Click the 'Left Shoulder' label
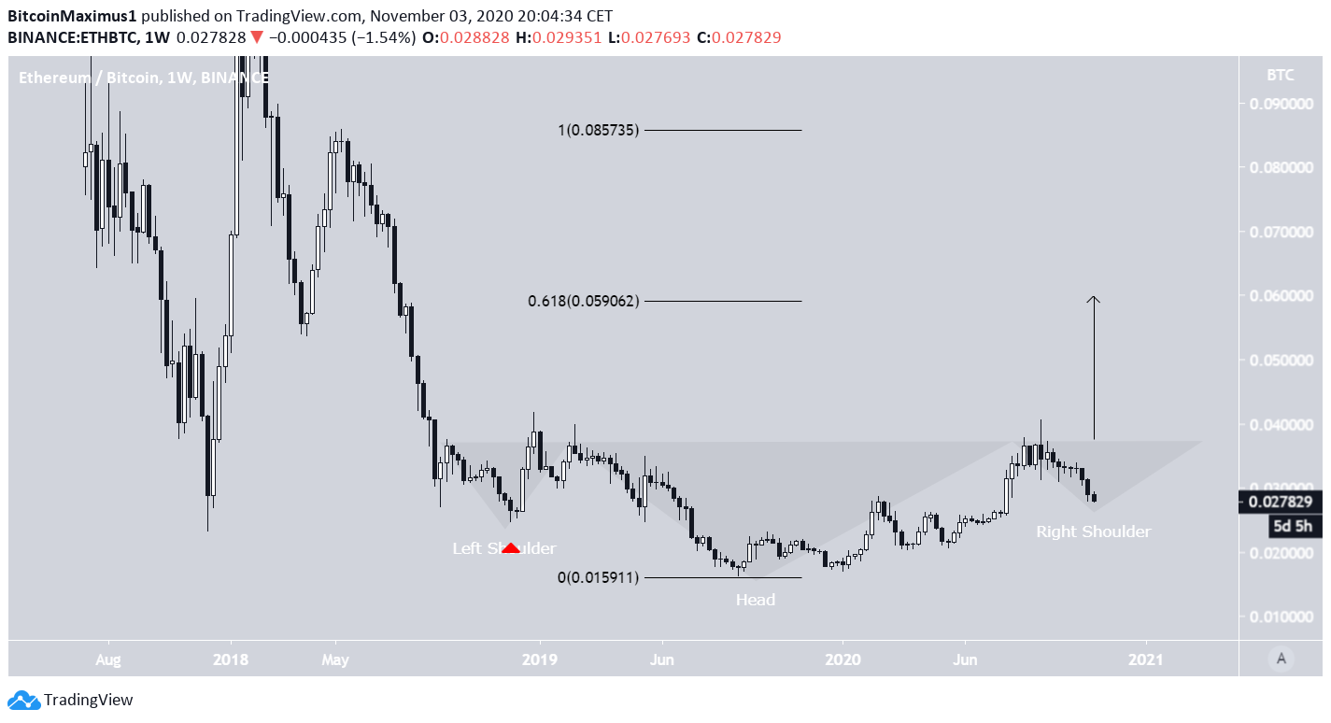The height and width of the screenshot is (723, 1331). point(504,548)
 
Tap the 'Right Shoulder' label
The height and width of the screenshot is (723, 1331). point(1093,532)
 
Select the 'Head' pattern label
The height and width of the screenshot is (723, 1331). point(755,600)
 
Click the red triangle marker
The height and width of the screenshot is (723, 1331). point(511,548)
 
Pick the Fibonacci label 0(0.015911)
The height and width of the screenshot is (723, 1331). point(598,578)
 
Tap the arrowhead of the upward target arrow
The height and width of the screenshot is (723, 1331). point(1094,300)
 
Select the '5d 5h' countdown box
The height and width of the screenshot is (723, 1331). point(1293,526)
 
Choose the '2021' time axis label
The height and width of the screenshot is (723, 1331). point(1145,659)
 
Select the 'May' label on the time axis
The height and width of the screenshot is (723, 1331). point(334,659)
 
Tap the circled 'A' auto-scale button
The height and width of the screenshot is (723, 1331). point(1281,659)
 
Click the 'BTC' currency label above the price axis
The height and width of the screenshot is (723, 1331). point(1281,76)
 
